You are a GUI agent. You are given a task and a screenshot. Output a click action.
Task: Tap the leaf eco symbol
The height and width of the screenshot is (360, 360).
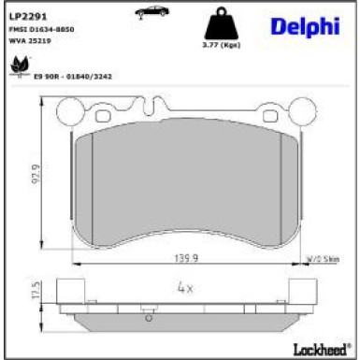(x=18, y=66)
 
